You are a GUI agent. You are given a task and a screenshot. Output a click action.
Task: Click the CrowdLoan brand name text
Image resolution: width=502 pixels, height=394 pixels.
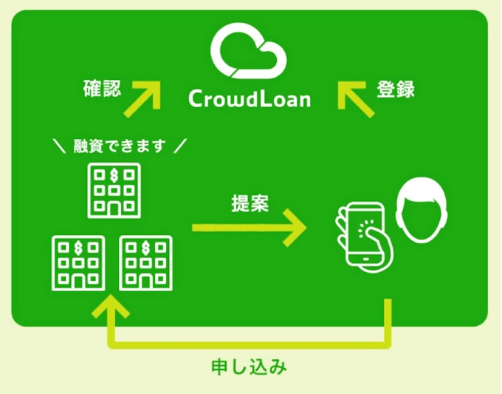click(x=249, y=98)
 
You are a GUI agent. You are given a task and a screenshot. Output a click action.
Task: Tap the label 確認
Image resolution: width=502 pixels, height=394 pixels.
click(x=101, y=90)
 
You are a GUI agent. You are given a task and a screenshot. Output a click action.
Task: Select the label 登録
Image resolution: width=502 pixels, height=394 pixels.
click(x=396, y=90)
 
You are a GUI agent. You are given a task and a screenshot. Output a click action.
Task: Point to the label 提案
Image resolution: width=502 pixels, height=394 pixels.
click(x=250, y=202)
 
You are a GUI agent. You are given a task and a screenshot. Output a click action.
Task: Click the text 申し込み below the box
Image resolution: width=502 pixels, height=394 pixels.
click(x=250, y=367)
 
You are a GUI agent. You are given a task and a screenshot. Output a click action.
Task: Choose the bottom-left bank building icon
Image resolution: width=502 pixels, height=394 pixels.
click(x=78, y=263)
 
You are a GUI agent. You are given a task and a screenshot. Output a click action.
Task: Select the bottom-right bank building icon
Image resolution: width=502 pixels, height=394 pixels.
click(x=145, y=263)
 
